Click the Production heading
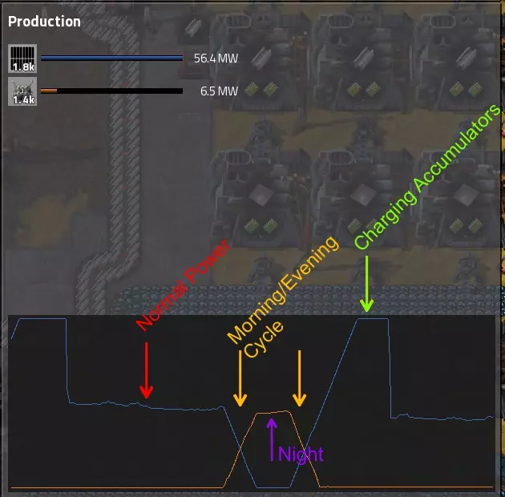(44, 22)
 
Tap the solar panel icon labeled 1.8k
(22, 59)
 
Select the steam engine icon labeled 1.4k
(22, 91)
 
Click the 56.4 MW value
(216, 59)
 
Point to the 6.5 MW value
(219, 91)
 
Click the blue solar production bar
(111, 59)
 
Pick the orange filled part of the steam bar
(49, 91)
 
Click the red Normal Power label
(183, 285)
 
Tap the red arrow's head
(146, 392)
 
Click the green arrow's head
(367, 305)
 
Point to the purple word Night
(301, 455)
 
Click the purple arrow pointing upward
(272, 439)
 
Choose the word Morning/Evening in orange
(283, 289)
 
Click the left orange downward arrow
(240, 378)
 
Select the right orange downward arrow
(299, 378)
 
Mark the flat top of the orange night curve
(273, 412)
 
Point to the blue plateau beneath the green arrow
(373, 319)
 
